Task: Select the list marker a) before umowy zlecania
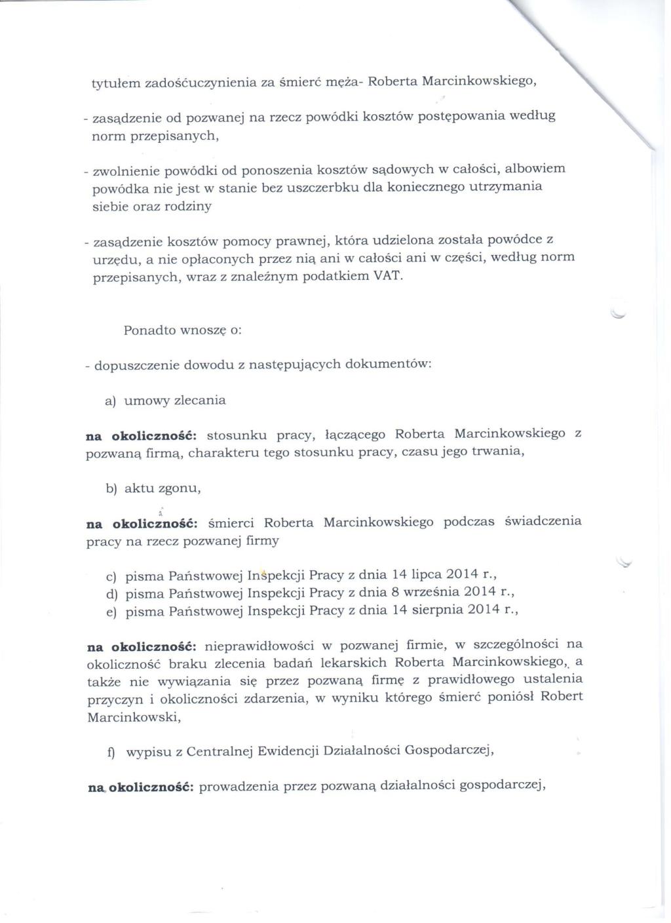[111, 401]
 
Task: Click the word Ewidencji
[288, 753]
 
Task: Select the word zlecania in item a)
[199, 401]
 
